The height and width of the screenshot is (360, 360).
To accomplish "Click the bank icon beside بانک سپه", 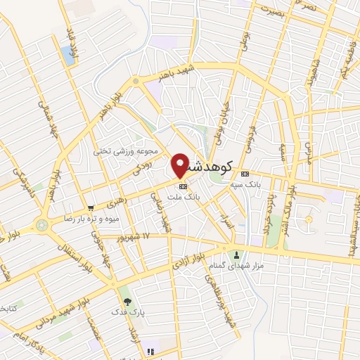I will click(244, 174).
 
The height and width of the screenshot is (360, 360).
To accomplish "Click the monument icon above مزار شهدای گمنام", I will click(236, 255).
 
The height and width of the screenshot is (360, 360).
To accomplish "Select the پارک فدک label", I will click(127, 310).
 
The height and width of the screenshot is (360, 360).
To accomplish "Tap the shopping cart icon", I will click(91, 207).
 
